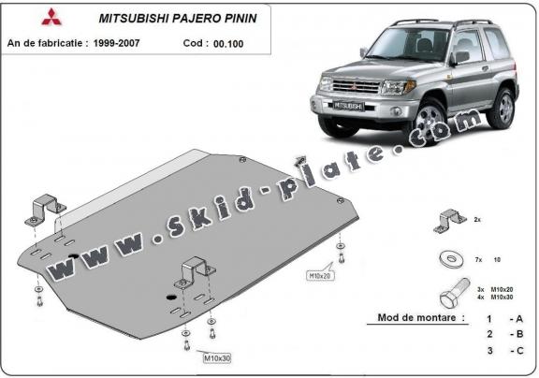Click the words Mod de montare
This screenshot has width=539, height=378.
pyautogui.click(x=420, y=318)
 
